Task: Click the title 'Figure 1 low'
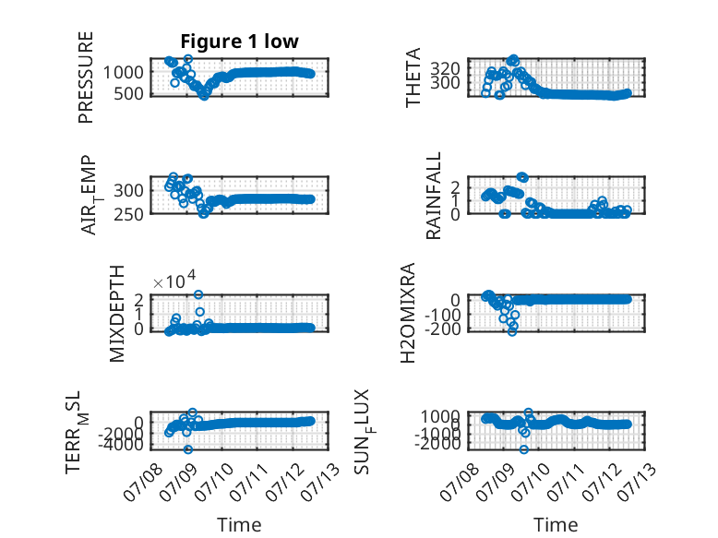coord(239,42)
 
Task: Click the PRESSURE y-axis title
coord(86,78)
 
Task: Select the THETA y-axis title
coord(413,78)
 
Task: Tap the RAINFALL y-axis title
coord(433,196)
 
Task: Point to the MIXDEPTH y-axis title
coord(117,314)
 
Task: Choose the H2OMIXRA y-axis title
coord(408,313)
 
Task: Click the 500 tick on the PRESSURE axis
coord(129,94)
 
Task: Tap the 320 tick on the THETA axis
coord(445,69)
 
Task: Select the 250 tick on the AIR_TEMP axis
coord(128,214)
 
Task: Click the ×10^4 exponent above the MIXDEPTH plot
coord(174,280)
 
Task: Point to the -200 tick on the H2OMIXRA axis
coord(442,329)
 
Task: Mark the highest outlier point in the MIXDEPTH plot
coord(198,294)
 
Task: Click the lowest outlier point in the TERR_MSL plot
coord(188,449)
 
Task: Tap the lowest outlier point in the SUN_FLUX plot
coord(524,449)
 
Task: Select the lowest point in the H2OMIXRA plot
coord(512,331)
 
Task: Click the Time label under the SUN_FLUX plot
coord(556,524)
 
